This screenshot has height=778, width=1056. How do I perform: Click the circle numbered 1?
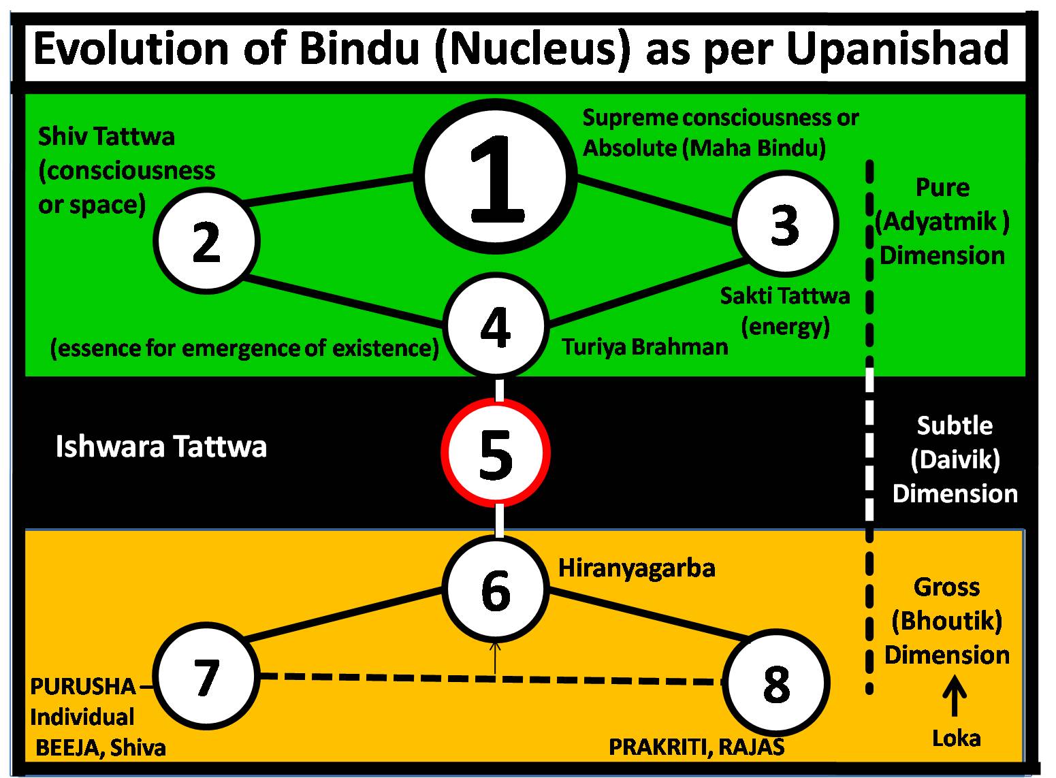point(495,176)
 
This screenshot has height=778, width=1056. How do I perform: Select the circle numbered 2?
point(206,241)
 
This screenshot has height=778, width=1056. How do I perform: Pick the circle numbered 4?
point(495,326)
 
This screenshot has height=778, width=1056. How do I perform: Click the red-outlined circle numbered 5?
point(495,453)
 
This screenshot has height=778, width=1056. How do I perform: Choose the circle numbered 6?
point(495,588)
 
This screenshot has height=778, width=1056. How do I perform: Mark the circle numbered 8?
point(775,683)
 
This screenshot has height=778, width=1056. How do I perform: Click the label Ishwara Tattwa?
point(161,447)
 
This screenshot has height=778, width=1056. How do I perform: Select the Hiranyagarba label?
point(637,568)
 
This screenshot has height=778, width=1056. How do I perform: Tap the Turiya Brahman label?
point(644,347)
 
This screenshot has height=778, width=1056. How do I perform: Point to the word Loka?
point(956,738)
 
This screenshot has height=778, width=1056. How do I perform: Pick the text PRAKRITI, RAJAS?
point(696,747)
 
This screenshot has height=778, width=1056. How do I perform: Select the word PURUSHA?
point(83,686)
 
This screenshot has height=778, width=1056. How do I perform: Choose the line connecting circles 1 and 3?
point(656,201)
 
